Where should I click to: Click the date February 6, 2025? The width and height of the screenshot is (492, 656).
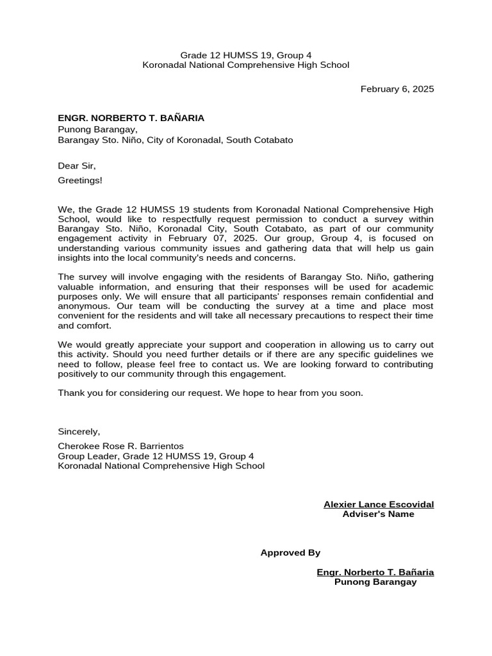click(x=397, y=89)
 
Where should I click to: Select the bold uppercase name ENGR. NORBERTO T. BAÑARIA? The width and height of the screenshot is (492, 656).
click(x=131, y=118)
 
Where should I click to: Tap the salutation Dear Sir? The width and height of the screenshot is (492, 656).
click(x=76, y=166)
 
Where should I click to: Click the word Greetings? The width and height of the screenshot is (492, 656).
click(x=80, y=180)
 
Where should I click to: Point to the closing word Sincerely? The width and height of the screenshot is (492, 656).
click(x=79, y=432)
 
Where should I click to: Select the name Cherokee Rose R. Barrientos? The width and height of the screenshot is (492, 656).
click(x=120, y=446)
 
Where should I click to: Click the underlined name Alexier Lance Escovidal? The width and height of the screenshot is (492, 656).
click(x=379, y=504)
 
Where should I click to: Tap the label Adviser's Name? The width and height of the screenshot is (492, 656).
click(x=378, y=514)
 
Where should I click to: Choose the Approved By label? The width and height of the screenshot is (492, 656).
click(x=290, y=553)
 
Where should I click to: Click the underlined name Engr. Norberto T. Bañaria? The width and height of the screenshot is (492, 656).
click(x=375, y=572)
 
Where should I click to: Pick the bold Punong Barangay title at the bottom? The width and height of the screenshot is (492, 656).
click(x=375, y=582)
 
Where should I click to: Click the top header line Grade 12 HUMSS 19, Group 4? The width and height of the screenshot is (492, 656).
click(x=245, y=55)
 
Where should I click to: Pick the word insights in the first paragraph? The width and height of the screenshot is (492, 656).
click(x=74, y=258)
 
